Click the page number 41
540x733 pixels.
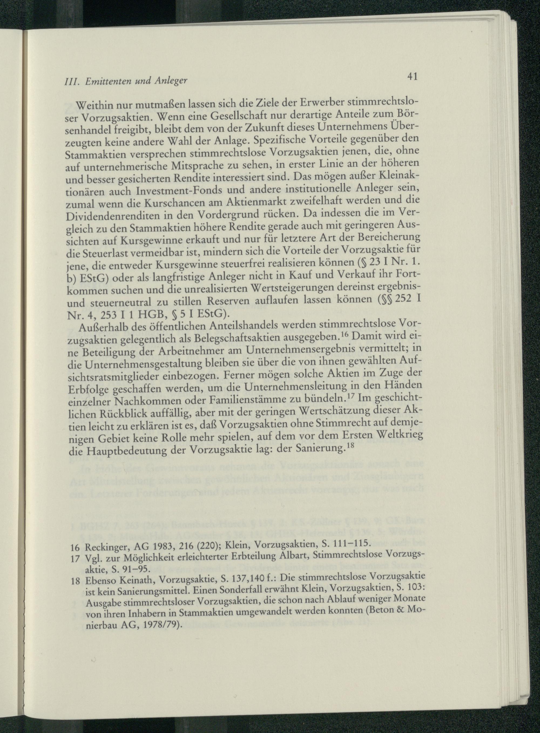point(413,86)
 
